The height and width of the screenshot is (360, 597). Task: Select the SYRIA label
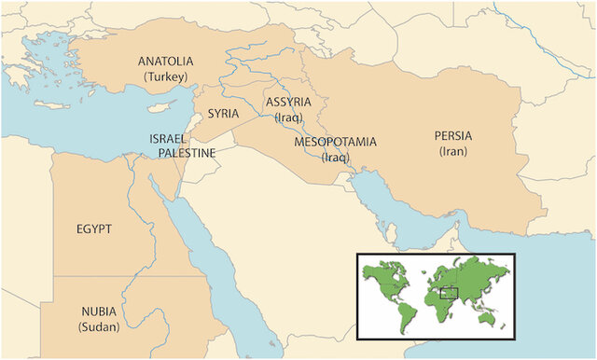(223, 113)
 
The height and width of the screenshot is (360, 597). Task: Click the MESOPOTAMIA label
(335, 142)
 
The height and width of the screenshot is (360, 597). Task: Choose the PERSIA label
(453, 135)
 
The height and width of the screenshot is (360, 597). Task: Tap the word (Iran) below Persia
(454, 151)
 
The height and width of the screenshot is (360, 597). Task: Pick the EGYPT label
(94, 228)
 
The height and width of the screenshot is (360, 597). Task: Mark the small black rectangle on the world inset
(449, 293)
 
